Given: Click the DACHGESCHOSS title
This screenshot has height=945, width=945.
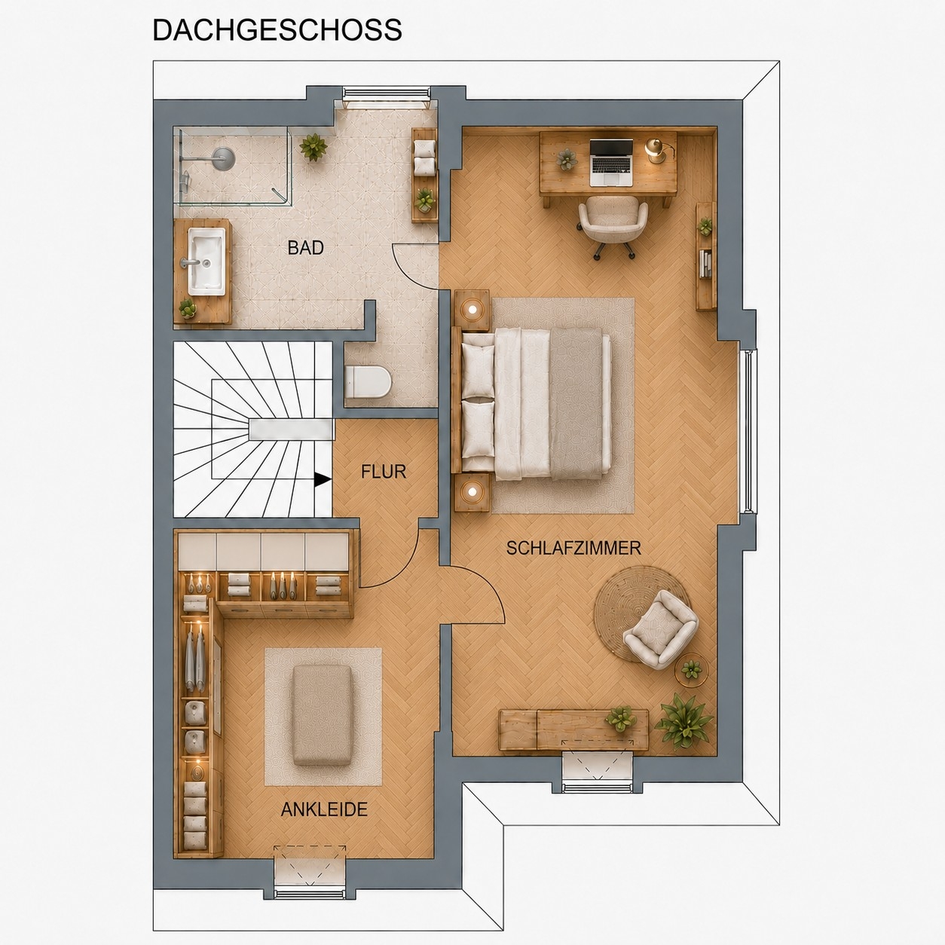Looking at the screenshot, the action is pos(277,30).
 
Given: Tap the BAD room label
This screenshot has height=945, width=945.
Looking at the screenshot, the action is pos(305,248).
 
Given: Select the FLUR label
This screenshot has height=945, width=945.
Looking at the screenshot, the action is pos(384,472).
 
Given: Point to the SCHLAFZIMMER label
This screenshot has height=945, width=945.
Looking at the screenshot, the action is pos(573,548).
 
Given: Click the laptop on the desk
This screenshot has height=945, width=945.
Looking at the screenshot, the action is pos(611,162).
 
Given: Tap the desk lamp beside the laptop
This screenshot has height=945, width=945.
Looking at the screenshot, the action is pos(655,149).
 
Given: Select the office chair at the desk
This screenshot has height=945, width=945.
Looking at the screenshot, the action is pos(613,225).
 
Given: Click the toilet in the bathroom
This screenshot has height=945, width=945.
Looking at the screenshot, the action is pos(368,382).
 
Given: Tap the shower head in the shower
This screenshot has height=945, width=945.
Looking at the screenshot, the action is pos(223,159).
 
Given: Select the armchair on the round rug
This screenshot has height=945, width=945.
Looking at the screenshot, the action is pos(661,629).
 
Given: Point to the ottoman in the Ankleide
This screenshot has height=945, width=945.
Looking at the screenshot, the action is pos(323,715).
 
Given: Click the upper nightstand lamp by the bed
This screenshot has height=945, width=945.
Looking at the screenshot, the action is pos(472,310).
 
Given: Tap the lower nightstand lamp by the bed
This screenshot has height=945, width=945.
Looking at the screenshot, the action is pos(472,491).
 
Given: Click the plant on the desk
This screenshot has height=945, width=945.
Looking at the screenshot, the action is pos(567,159).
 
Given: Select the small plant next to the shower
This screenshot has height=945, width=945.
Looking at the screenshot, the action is pos(313,147).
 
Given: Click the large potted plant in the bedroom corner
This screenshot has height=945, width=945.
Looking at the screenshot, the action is pos(683,721).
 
